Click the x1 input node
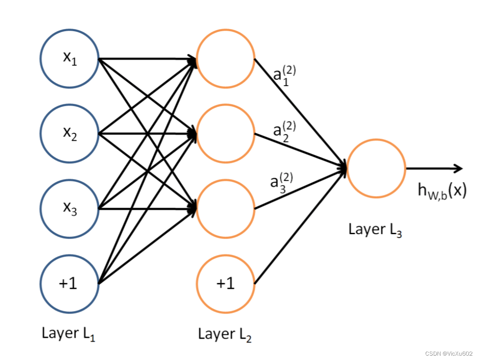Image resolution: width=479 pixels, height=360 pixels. point(70,58)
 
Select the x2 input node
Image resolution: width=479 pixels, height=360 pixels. point(70,133)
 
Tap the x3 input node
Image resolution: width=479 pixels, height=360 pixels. point(70,209)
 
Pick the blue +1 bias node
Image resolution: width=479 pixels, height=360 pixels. point(70,284)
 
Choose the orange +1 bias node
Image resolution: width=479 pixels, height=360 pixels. point(226,284)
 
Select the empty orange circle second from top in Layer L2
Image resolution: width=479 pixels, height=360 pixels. point(226,133)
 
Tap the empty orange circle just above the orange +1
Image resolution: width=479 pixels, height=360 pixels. point(226,209)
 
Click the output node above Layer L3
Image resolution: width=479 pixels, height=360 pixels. point(376,168)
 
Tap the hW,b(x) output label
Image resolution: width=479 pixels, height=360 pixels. point(442,190)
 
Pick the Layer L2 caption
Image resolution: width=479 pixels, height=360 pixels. point(225,334)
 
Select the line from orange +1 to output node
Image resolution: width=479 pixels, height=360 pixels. point(299,227)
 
